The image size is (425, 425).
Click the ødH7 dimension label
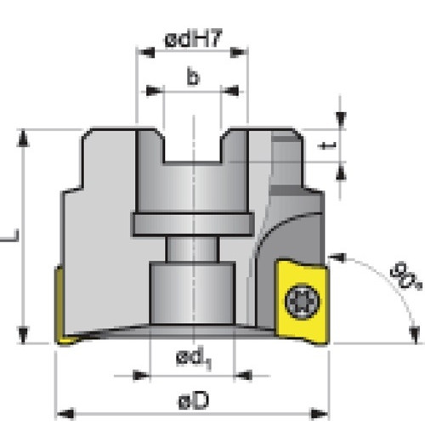[x=193, y=38]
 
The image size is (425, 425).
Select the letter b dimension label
[x=193, y=76]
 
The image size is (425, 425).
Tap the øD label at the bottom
[x=194, y=401]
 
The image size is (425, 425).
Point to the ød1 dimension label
[x=194, y=358]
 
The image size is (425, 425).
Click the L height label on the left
[x=11, y=236]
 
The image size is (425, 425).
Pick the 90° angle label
[x=405, y=276]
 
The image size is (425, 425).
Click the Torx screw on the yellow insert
[x=303, y=301]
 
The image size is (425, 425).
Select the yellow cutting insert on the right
[x=302, y=302]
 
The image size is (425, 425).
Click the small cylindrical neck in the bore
[x=193, y=249]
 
